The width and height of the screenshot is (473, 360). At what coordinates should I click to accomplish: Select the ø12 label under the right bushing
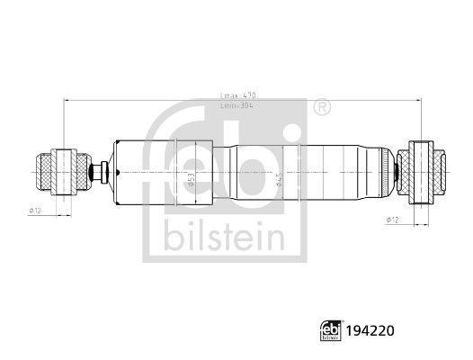tap(392, 219)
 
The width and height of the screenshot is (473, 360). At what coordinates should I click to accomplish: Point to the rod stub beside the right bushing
tap(400, 169)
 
